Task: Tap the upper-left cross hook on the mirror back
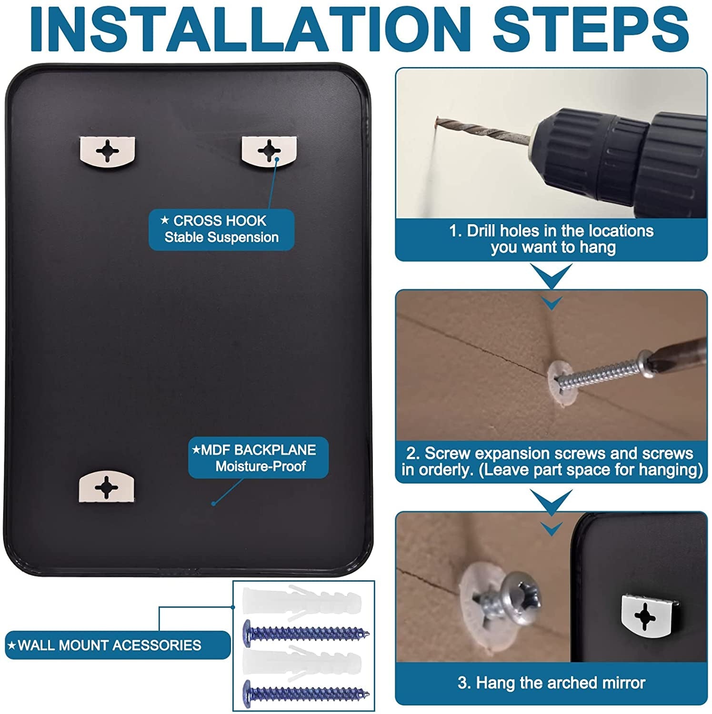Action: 107,151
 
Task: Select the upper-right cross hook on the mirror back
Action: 269,151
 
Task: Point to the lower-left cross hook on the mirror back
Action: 106,486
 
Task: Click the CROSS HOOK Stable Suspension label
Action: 221,229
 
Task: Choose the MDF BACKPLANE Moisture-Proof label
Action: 258,458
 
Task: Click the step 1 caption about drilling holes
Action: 552,239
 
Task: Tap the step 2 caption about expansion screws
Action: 552,461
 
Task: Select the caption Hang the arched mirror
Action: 552,683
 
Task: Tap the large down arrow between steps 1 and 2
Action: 552,276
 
